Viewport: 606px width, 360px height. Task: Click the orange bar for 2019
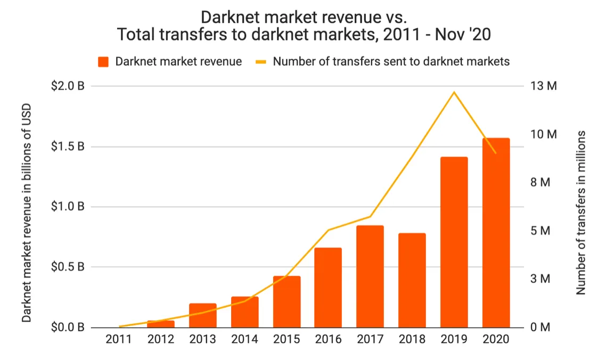pos(454,242)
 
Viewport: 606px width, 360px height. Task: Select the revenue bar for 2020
pos(496,233)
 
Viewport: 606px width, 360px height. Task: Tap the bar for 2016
pos(328,288)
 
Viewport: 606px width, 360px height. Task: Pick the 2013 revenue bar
pos(203,315)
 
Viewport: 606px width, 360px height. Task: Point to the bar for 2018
pos(412,280)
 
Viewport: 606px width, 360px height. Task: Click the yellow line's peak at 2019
pos(454,92)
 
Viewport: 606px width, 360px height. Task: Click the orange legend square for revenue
pos(103,62)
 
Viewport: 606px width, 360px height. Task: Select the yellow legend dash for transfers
pos(261,62)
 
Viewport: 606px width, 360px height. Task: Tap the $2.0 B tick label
pos(67,86)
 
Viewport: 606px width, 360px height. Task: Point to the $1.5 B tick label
pos(67,146)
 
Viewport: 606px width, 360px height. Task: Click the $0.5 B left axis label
pos(67,267)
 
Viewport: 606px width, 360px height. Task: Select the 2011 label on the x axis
pos(119,339)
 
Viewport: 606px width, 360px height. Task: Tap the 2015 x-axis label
pos(286,339)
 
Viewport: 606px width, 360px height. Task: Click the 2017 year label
pos(370,339)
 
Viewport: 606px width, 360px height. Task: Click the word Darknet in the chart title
pos(230,17)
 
